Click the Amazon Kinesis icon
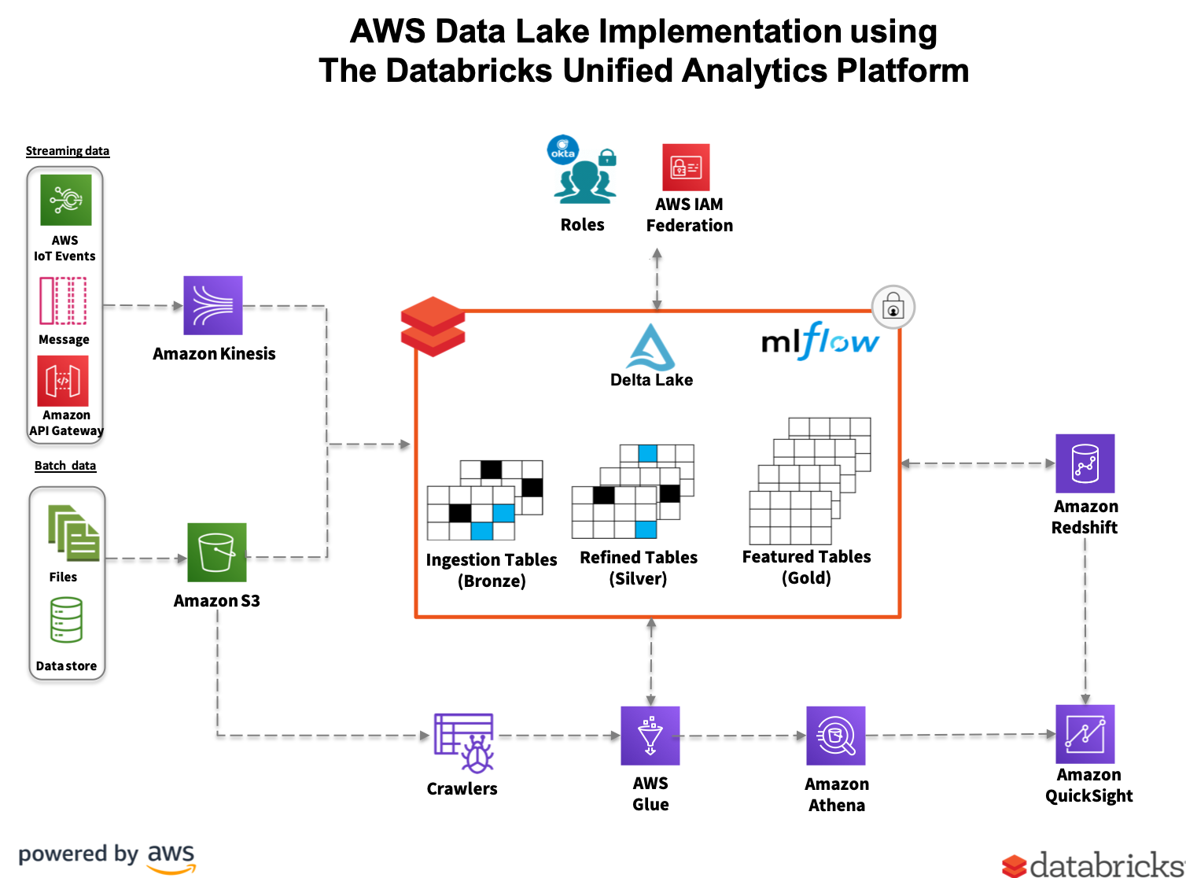213,305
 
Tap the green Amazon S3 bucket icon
217,552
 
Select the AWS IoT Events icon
66,200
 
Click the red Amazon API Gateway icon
63,381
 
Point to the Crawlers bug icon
464,742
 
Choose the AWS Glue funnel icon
650,736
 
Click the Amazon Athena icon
836,736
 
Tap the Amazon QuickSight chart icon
1085,734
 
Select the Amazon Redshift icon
1085,463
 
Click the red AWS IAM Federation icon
686,167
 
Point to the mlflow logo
820,341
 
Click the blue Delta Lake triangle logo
650,347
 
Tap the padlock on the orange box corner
893,306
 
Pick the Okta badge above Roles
563,150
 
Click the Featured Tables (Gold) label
807,567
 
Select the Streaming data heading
68,151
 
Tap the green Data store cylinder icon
66,620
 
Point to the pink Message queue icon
63,301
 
